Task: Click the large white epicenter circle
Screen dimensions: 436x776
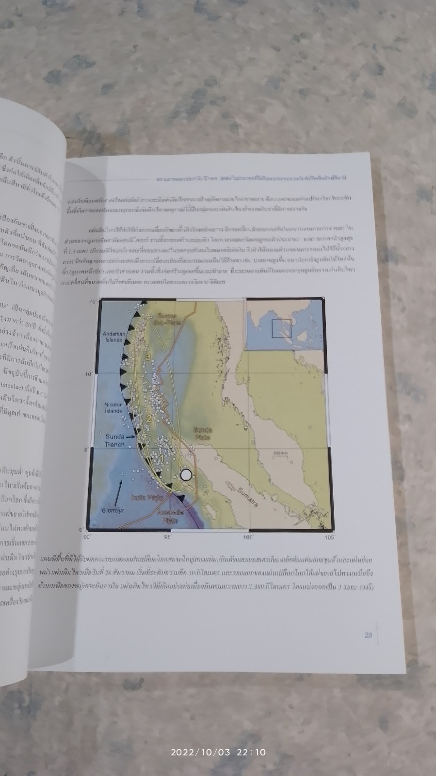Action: pyautogui.click(x=186, y=475)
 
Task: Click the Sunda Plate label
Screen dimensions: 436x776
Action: pyautogui.click(x=202, y=433)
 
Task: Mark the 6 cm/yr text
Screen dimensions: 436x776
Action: pyautogui.click(x=113, y=510)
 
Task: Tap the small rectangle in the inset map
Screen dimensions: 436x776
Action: pyautogui.click(x=281, y=328)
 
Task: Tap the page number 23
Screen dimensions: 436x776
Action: pyautogui.click(x=368, y=635)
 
